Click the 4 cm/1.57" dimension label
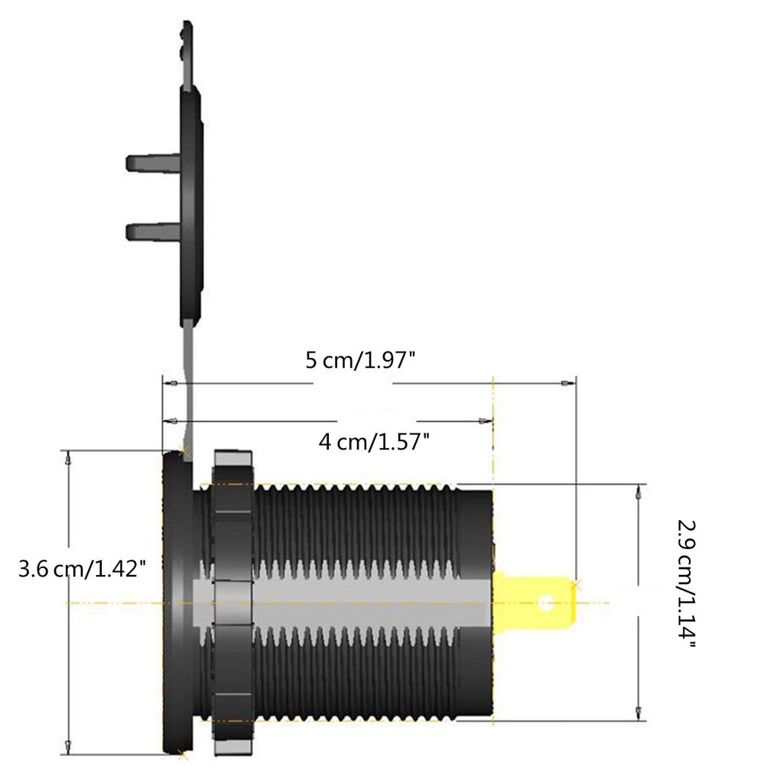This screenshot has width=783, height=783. coord(373,441)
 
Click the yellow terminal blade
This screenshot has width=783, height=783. coord(533,602)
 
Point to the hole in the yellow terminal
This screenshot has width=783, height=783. coord(545,603)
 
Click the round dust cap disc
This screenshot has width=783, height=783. coord(191,199)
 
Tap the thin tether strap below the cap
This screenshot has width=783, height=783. coord(187,382)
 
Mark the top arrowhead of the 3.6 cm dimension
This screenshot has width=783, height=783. coord(70,460)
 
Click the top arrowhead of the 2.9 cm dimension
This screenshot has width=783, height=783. coord(638,494)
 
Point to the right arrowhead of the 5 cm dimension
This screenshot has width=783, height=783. coord(567,382)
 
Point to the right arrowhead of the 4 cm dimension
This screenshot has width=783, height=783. coord(483,421)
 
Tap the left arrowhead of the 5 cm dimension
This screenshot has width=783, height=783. coord(172,382)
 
